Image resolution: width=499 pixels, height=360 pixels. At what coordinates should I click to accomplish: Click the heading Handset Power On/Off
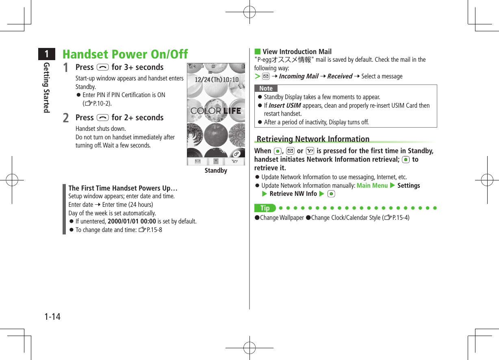tap(125, 54)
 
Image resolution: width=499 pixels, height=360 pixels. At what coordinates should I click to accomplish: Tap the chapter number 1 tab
tap(47, 54)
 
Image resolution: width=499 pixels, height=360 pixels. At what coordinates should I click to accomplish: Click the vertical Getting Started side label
tap(47, 88)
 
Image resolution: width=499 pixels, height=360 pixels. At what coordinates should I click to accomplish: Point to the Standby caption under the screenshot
tap(216, 171)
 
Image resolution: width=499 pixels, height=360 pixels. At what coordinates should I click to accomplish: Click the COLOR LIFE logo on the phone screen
tap(216, 111)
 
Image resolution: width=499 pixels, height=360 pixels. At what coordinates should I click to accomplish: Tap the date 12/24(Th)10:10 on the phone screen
tap(217, 80)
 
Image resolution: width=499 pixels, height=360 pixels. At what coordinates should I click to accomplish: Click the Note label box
tap(266, 89)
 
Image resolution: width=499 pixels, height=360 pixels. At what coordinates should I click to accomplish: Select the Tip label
tap(265, 208)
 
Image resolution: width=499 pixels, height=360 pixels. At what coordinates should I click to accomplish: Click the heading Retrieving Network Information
tap(313, 139)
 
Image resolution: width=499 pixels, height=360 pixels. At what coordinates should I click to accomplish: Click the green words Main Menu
tap(372, 185)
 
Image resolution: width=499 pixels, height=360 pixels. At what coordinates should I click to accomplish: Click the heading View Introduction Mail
tap(297, 52)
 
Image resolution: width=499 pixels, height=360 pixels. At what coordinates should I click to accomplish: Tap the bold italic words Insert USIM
tap(285, 106)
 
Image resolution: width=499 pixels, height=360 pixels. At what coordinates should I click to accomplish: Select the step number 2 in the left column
tap(66, 118)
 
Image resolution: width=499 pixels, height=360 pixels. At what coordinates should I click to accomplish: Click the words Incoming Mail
tap(299, 76)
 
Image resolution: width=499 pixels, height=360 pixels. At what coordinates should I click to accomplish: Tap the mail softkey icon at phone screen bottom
tap(198, 161)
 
